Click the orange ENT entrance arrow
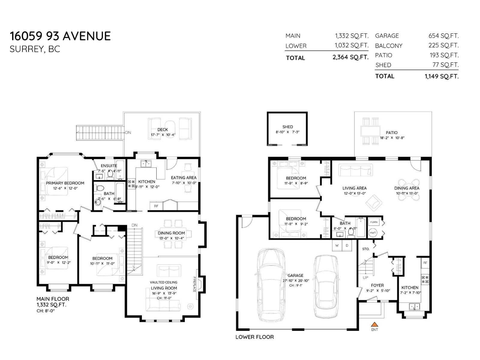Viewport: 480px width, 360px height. tap(374, 324)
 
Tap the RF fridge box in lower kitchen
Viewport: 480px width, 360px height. tap(425, 263)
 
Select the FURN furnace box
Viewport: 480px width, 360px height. tap(374, 222)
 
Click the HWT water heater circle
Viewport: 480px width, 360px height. tap(373, 233)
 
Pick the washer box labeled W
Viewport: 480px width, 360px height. tap(337, 245)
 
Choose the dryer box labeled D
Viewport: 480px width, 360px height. tap(347, 245)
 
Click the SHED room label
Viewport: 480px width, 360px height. tap(287, 127)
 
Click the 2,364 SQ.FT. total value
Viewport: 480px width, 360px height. tap(350, 57)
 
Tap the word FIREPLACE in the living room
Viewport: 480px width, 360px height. tap(194, 284)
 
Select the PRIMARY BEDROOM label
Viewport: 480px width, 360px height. tap(65, 183)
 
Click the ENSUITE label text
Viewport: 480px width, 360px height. tap(109, 166)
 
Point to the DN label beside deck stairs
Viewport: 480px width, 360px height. tap(128, 132)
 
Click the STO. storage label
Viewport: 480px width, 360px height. tap(366, 249)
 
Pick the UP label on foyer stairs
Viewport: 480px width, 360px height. tap(365, 277)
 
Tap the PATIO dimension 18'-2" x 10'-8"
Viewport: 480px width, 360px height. tap(392, 138)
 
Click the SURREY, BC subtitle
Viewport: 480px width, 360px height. tap(35, 49)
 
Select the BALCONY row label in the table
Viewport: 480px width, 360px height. tap(388, 46)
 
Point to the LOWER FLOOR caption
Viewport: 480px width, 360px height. tap(254, 337)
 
